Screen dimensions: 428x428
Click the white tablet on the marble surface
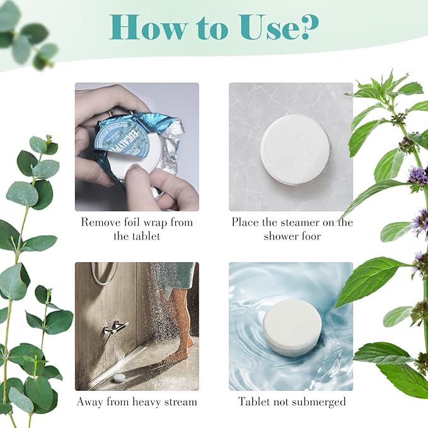pyautogui.click(x=295, y=149)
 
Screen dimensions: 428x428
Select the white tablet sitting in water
pyautogui.click(x=292, y=328)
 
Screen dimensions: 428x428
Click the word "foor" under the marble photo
pyautogui.click(x=310, y=236)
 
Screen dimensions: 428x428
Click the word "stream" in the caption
pyautogui.click(x=180, y=402)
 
